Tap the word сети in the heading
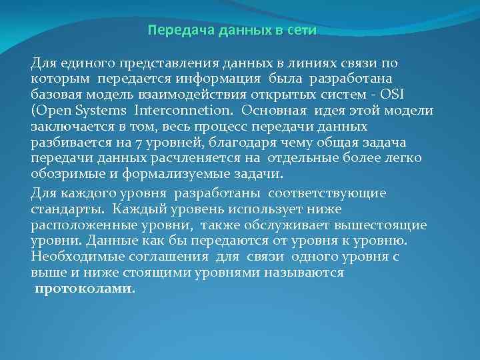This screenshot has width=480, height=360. [x=303, y=31]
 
